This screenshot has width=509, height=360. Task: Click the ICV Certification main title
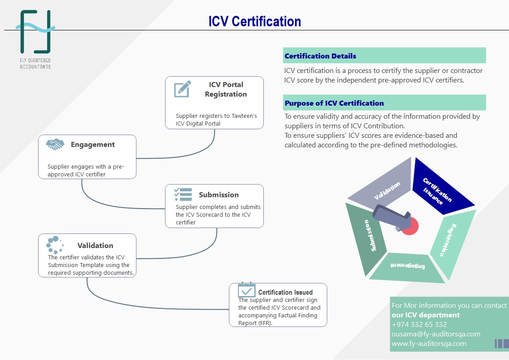tap(254, 21)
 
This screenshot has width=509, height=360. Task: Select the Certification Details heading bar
tap(384, 56)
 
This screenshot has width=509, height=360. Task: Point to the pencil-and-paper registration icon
tap(182, 89)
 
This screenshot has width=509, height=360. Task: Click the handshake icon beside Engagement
tap(55, 145)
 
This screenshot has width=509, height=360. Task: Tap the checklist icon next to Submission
tap(183, 194)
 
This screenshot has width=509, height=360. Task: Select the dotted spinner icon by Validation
tap(54, 245)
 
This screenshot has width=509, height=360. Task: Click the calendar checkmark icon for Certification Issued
tap(247, 289)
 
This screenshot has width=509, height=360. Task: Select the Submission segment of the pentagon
tap(366, 236)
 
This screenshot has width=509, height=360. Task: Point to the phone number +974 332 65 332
tap(419, 324)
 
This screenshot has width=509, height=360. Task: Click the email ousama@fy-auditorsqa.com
tap(436, 334)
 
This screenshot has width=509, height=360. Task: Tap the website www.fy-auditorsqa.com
tap(429, 343)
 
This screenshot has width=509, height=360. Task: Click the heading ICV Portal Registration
tap(226, 89)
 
